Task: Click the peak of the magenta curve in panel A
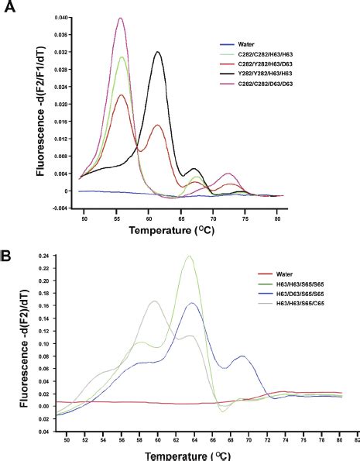coord(120,19)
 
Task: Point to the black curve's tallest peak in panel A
coord(158,52)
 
